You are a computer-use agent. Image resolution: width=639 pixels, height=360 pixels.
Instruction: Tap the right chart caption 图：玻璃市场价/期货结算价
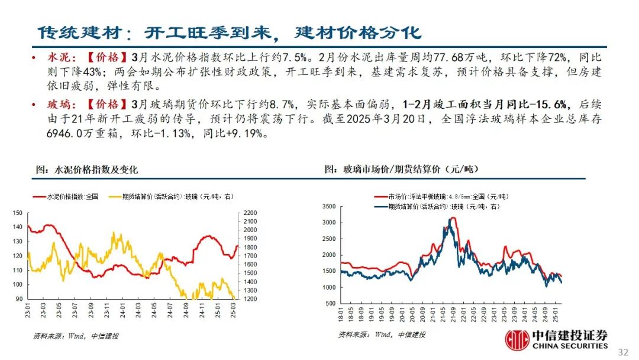pos(402,170)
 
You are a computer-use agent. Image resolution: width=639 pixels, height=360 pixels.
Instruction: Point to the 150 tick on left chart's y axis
pos(17,213)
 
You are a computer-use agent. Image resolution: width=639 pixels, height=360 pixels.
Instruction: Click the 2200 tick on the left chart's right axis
pos(250,213)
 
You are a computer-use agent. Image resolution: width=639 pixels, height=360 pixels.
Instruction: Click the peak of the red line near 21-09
pos(453,218)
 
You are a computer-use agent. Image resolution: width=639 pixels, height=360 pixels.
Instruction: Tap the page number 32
pos(622,352)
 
